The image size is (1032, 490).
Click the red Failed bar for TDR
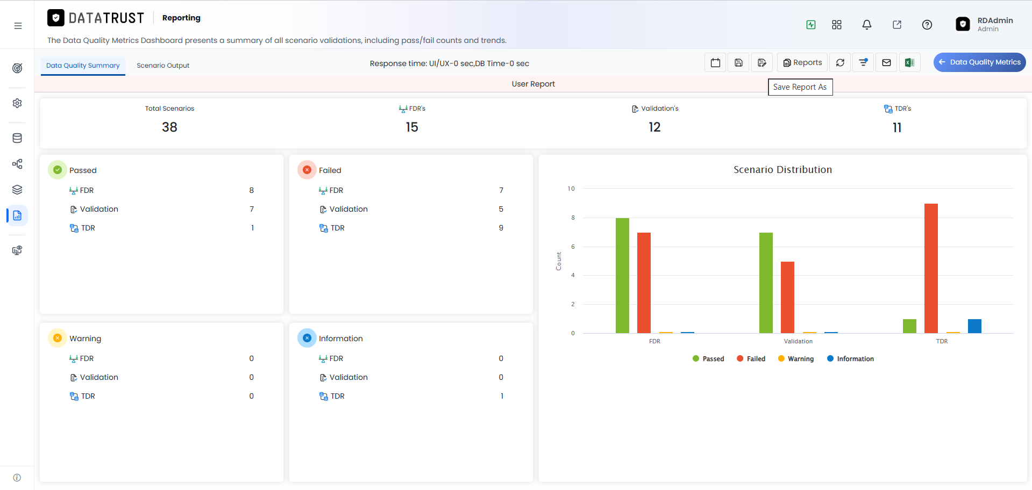931,268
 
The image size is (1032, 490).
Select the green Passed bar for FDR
622,276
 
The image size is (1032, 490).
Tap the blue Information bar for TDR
974,326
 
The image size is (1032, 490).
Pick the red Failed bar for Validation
787,297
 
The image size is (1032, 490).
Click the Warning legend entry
796,359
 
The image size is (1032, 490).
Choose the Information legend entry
850,359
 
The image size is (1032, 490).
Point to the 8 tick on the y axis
573,218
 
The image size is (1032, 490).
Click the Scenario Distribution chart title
782,170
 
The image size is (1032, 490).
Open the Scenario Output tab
163,66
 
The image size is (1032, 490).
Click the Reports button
802,63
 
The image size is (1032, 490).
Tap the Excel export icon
909,63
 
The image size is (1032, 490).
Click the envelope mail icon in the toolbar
886,63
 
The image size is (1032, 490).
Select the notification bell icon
867,25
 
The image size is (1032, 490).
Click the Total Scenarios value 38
169,127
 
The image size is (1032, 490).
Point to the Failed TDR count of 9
501,228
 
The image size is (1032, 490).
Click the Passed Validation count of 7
252,209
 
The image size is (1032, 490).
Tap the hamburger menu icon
18,26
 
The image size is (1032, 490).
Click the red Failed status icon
307,170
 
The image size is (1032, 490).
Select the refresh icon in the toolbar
840,63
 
